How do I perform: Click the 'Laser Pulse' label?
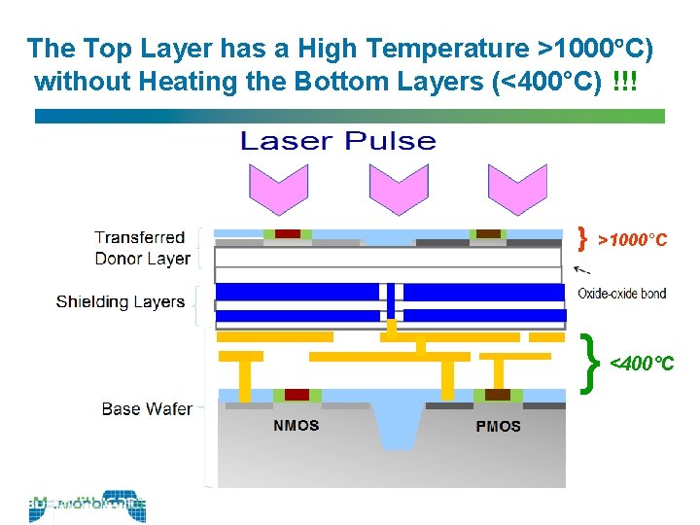tap(337, 142)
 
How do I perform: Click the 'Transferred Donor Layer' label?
tap(142, 248)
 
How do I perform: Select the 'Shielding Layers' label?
tap(121, 301)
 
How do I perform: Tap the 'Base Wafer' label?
tap(147, 408)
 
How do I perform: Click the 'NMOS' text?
tap(297, 426)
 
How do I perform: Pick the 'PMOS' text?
tap(498, 426)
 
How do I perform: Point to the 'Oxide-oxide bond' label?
tap(622, 294)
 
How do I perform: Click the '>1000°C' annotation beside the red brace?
tap(632, 239)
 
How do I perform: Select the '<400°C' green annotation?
tap(641, 365)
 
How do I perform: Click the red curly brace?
tap(582, 237)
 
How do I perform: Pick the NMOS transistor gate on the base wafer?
tap(297, 395)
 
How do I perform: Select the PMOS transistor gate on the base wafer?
tap(498, 395)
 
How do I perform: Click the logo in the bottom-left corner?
tap(87, 507)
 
